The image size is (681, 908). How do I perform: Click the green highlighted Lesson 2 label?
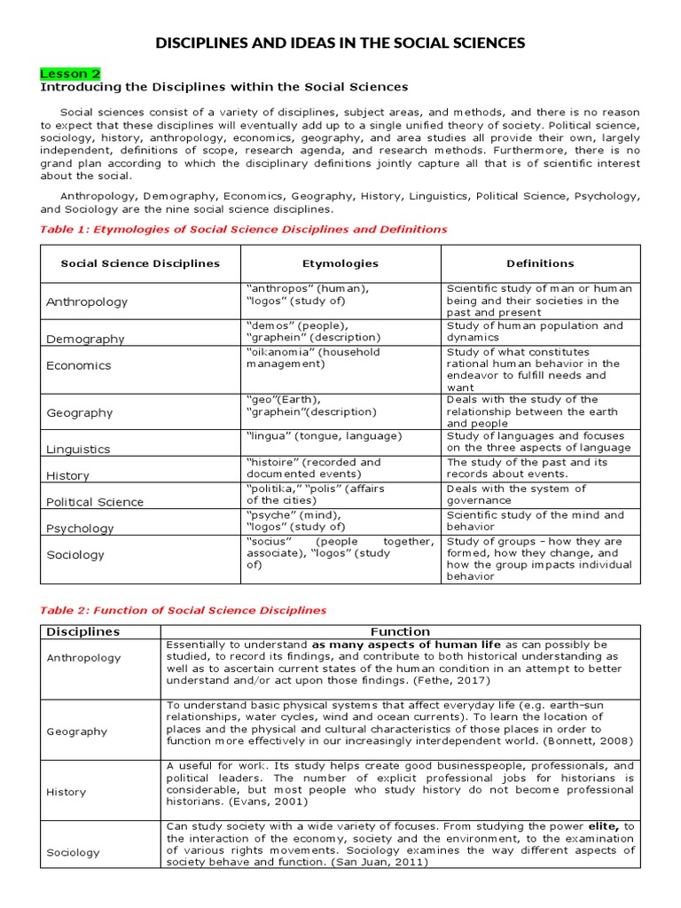pyautogui.click(x=70, y=74)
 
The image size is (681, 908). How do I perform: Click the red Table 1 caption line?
pyautogui.click(x=244, y=229)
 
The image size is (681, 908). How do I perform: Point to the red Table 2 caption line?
pyautogui.click(x=184, y=610)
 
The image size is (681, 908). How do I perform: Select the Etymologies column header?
pyautogui.click(x=340, y=263)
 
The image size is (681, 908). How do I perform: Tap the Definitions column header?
pyautogui.click(x=540, y=263)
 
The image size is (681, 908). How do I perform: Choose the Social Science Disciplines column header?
pyautogui.click(x=140, y=263)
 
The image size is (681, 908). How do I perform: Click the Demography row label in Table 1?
pyautogui.click(x=85, y=339)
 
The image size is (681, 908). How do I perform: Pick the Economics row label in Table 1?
pyautogui.click(x=79, y=365)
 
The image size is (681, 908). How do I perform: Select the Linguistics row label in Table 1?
pyautogui.click(x=78, y=450)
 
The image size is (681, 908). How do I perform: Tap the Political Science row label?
pyautogui.click(x=95, y=502)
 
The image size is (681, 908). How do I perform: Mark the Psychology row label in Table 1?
pyautogui.click(x=80, y=528)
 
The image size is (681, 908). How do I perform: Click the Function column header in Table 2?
pyautogui.click(x=400, y=631)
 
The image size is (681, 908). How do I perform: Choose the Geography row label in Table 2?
pyautogui.click(x=76, y=732)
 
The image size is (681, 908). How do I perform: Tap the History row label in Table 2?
pyautogui.click(x=67, y=792)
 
